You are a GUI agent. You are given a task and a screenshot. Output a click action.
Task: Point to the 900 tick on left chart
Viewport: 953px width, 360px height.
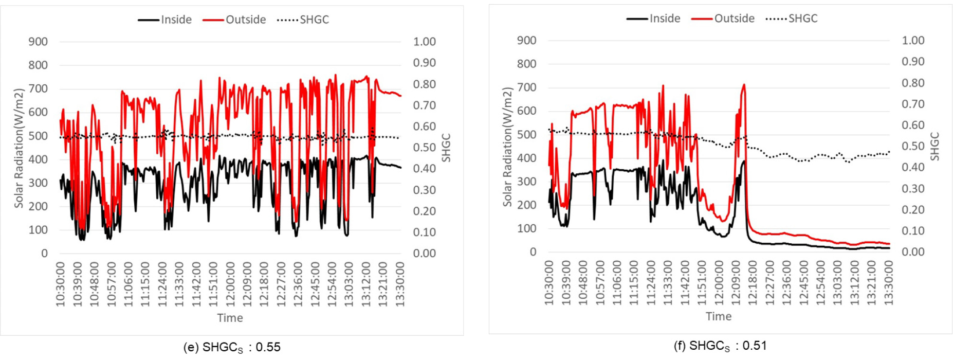[x=38, y=42]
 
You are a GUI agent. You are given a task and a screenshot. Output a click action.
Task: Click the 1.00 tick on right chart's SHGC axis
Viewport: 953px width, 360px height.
[x=913, y=40]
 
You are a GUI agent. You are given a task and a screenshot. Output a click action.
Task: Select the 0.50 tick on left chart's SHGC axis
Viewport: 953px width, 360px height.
[x=424, y=148]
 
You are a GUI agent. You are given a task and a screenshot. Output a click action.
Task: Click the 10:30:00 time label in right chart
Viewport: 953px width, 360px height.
[x=549, y=282]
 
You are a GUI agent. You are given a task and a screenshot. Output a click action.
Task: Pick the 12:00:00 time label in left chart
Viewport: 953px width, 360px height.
[x=231, y=284]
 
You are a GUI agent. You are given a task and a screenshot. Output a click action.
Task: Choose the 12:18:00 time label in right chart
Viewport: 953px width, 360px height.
[x=753, y=282]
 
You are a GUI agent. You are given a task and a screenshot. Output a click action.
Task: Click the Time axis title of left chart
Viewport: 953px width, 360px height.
[x=230, y=318]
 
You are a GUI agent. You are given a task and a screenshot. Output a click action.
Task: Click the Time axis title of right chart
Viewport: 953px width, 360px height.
[x=718, y=316]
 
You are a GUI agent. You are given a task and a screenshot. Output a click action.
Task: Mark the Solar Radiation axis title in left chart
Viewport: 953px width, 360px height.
[x=19, y=148]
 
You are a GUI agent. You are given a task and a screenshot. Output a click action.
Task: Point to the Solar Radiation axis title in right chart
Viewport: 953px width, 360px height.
[x=507, y=147]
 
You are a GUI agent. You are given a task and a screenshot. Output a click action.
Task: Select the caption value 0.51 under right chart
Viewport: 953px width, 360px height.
[x=754, y=346]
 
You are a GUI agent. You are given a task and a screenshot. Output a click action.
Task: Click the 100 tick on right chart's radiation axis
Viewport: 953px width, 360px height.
[x=526, y=228]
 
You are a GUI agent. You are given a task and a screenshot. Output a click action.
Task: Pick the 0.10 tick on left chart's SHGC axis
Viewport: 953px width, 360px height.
[x=424, y=232]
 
